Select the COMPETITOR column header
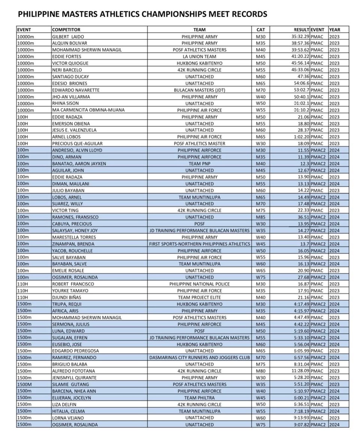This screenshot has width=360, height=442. tap(66, 30)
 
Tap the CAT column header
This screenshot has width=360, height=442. tap(260, 30)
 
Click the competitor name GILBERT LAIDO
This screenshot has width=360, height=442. tap(68, 36)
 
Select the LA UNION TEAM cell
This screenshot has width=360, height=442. tap(199, 57)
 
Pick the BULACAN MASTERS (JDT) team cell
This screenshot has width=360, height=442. tap(199, 90)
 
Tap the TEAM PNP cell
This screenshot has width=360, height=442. tap(199, 164)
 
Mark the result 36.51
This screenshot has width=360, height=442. tap(302, 217)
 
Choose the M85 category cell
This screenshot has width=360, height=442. tap(260, 217)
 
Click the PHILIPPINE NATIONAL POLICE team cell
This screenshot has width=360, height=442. tap(199, 284)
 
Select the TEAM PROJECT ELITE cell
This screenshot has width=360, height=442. tap(199, 298)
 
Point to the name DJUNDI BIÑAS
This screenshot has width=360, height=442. tap(67, 298)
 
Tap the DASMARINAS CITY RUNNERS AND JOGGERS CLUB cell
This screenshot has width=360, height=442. tap(199, 358)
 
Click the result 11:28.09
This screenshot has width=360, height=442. tap(299, 371)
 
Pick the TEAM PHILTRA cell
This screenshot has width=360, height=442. tap(199, 398)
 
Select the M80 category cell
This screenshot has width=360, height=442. tap(260, 371)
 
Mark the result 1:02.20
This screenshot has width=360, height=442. tap(301, 137)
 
